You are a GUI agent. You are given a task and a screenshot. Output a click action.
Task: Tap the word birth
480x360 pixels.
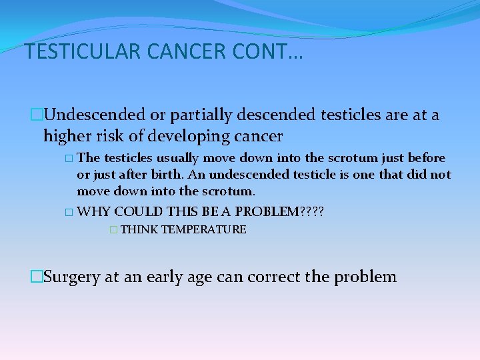click(x=165, y=175)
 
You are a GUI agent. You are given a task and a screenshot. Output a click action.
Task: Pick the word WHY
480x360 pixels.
click(x=94, y=211)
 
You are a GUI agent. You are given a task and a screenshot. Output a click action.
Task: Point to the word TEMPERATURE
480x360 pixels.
click(x=204, y=230)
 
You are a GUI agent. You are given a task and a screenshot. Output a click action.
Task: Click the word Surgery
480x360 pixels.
click(x=71, y=277)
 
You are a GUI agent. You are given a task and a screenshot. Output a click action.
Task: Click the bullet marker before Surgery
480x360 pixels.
click(x=36, y=277)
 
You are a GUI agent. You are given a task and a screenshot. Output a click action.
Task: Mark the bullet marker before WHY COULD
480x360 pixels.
click(x=69, y=212)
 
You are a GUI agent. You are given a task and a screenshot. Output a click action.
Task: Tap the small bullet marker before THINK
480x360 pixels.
click(x=113, y=230)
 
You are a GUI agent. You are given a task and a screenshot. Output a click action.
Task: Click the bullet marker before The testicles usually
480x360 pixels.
click(x=69, y=159)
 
